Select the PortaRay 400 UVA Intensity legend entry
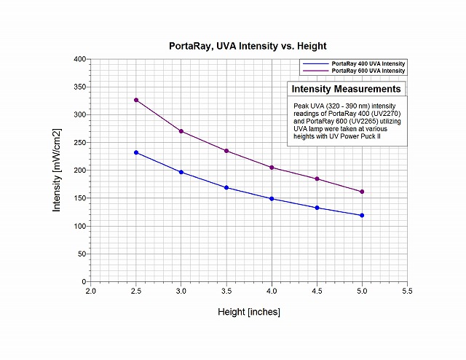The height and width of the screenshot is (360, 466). pyautogui.click(x=368, y=64)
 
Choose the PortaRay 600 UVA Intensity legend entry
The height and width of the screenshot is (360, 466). pyautogui.click(x=368, y=71)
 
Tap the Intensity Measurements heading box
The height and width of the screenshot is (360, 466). pyautogui.click(x=346, y=89)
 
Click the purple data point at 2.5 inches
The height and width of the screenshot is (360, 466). pyautogui.click(x=136, y=100)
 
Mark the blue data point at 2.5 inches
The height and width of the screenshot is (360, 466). pyautogui.click(x=136, y=152)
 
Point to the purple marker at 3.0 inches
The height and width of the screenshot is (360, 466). pyautogui.click(x=181, y=131)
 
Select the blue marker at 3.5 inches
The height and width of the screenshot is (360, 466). pyautogui.click(x=226, y=187)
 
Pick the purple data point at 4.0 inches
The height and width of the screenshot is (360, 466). pyautogui.click(x=272, y=168)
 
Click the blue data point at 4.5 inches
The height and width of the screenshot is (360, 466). pyautogui.click(x=317, y=208)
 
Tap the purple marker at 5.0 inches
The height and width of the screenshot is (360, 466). pyautogui.click(x=362, y=192)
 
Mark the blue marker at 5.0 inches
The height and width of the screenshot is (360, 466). pyautogui.click(x=362, y=215)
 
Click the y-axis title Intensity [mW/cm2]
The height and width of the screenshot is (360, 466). pyautogui.click(x=57, y=170)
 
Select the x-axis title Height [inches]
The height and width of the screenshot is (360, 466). pyautogui.click(x=249, y=312)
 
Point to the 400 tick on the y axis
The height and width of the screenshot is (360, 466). pyautogui.click(x=79, y=59)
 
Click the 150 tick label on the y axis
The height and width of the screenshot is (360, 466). pyautogui.click(x=79, y=198)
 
